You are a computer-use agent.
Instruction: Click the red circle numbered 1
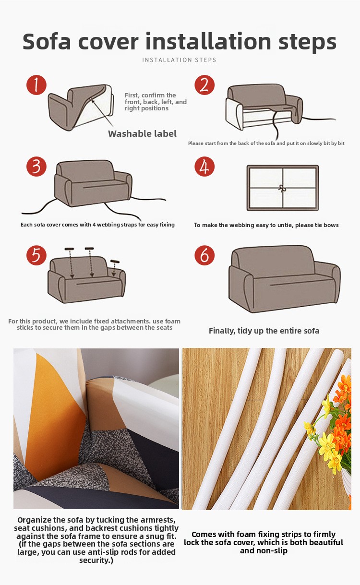36,85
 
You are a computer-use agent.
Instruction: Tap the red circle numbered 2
204,85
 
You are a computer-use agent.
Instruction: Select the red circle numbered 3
36,167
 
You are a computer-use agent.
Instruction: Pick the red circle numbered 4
204,167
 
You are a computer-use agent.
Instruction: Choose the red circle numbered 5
36,255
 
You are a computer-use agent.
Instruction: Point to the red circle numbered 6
204,255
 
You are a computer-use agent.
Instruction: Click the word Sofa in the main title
47,41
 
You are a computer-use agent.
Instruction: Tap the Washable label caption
143,134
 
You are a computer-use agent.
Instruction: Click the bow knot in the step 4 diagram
282,188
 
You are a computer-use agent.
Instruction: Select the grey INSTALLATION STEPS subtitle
179,60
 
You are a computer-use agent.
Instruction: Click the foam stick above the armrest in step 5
115,261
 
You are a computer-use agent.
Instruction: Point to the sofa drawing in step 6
285,279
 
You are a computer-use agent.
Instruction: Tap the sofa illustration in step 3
93,183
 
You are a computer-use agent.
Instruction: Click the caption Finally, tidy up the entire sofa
264,331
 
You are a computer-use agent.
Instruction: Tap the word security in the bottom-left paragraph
94,561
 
